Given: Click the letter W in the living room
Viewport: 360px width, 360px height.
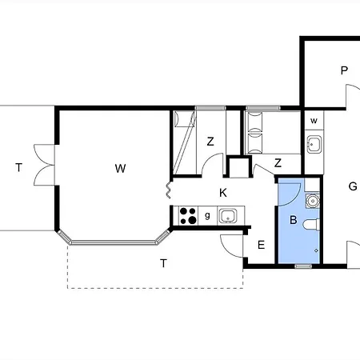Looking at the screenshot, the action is (x=120, y=169).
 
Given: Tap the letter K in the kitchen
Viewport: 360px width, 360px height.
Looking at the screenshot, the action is (x=223, y=193).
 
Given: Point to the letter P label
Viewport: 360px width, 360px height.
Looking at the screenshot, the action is (x=344, y=70).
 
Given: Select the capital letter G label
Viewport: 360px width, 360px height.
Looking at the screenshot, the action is (x=353, y=186).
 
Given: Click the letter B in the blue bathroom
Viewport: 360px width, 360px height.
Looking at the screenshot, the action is (x=294, y=220).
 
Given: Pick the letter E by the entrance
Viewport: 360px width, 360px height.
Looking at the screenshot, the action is (x=262, y=245).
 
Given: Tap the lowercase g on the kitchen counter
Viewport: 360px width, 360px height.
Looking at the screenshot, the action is (x=207, y=215).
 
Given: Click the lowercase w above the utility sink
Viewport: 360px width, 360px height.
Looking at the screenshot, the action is (x=314, y=121).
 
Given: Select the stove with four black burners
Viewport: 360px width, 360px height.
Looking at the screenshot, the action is (x=188, y=216).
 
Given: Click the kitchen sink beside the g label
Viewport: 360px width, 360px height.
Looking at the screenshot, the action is (x=228, y=216).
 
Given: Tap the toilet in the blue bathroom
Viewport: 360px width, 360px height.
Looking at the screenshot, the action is (x=311, y=225).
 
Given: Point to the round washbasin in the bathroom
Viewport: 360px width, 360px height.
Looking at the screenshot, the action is (x=312, y=201).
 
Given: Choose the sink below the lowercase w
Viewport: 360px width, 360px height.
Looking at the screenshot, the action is (x=314, y=145).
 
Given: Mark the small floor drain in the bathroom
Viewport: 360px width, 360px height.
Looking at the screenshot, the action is (x=316, y=250).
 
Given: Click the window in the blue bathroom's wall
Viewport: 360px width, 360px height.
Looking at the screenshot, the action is (x=303, y=266).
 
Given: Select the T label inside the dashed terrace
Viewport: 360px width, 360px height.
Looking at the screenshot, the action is (x=163, y=263).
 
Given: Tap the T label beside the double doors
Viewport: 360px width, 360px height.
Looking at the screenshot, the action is (x=18, y=168).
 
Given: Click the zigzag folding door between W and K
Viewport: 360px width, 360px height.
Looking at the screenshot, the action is (x=169, y=190).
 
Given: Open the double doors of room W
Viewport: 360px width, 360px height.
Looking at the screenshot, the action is (x=44, y=165).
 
